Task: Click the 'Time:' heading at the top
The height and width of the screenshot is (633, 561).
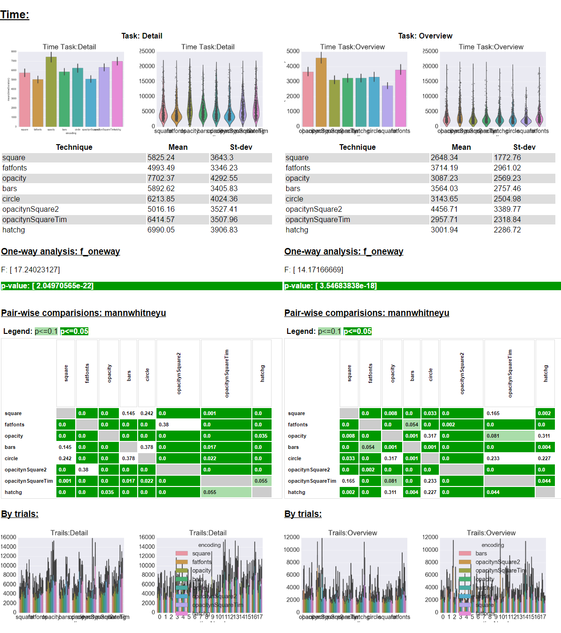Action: tap(15, 15)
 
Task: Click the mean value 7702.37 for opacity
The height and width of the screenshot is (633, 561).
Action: tap(161, 178)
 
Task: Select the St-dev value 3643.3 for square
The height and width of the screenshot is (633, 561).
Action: tap(222, 158)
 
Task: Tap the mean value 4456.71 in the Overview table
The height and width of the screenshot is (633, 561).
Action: tap(444, 209)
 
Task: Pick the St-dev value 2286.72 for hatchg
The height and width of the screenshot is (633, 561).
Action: tap(507, 230)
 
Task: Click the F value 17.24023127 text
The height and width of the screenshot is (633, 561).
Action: tap(31, 270)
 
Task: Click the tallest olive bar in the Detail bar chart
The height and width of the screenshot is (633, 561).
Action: tap(51, 92)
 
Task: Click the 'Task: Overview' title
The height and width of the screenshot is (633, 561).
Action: tap(425, 36)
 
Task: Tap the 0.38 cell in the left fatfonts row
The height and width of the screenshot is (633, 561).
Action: tap(164, 425)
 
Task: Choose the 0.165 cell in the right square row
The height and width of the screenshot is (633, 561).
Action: tap(493, 413)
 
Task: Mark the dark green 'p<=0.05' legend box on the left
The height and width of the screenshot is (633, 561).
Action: tap(74, 332)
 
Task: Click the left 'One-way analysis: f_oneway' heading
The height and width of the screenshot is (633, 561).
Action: tap(61, 252)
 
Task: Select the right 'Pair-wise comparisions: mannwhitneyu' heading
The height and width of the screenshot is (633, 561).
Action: tap(366, 313)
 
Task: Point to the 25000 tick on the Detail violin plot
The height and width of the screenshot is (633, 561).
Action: tap(147, 51)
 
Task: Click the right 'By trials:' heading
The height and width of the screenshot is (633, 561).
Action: tap(303, 514)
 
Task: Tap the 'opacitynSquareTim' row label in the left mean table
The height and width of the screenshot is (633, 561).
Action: tap(34, 220)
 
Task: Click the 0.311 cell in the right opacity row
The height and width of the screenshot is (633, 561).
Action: tap(544, 436)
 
